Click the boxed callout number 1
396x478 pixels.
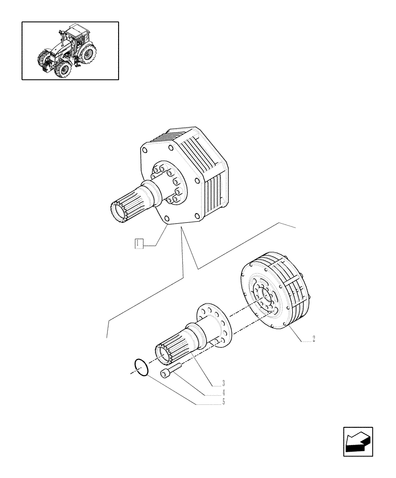[x=138, y=244]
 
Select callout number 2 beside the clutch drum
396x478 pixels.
[x=313, y=339]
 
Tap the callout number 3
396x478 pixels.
[x=223, y=383]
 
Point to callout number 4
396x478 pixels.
[x=223, y=392]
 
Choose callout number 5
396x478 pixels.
[x=223, y=402]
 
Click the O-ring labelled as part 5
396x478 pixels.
[x=141, y=368]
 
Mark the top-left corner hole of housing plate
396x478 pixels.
[x=144, y=150]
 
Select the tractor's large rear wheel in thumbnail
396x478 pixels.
[x=88, y=54]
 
